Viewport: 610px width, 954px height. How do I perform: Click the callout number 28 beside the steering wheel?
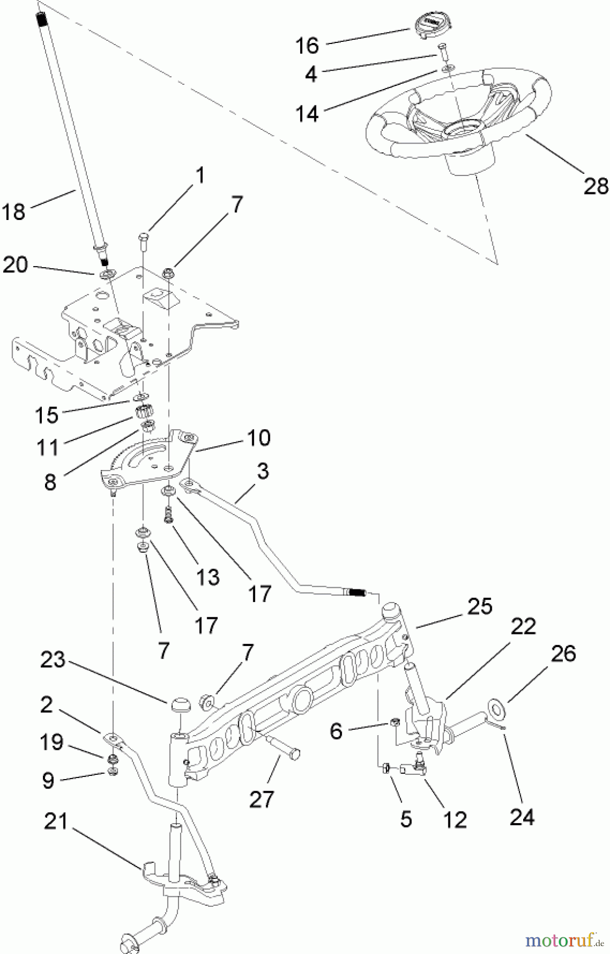[595, 186]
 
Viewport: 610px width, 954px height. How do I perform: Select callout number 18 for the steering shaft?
[14, 212]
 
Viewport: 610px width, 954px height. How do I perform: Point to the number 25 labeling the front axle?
[479, 606]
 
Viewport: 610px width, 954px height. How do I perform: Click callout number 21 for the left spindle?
[56, 823]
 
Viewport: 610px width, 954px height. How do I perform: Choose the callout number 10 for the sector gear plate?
[257, 438]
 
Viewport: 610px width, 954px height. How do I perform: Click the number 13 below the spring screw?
[208, 577]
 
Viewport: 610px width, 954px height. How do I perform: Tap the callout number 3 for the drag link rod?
[262, 471]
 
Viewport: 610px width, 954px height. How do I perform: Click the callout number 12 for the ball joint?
[455, 819]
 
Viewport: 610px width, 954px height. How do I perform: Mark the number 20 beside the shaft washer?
[15, 264]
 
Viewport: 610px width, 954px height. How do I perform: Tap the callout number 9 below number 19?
[48, 780]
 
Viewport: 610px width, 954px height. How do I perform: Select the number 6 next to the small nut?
[336, 731]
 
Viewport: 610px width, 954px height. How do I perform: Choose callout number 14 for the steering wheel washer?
[307, 113]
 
